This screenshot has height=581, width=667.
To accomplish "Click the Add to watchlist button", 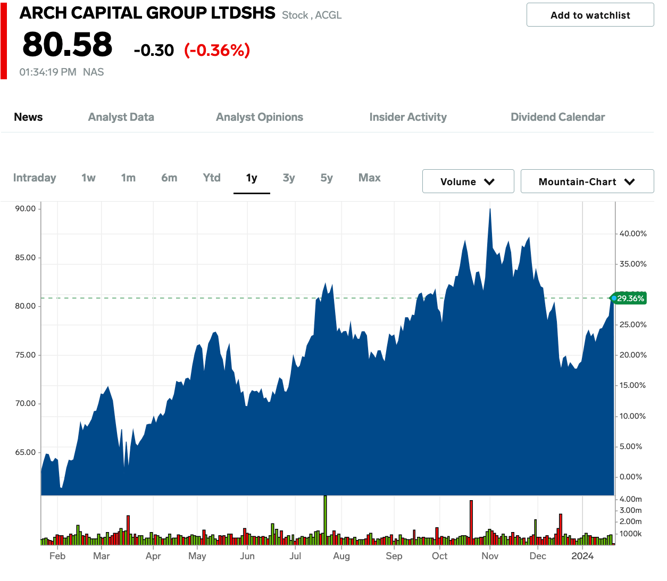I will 590,15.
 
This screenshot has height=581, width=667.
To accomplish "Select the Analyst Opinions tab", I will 259,117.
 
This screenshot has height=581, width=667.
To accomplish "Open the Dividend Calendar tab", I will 557,117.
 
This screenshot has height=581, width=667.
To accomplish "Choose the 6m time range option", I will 169,178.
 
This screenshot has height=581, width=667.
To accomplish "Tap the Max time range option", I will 369,178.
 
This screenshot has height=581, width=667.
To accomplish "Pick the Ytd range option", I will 212,178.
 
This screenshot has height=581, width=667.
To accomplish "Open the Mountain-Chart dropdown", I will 587,181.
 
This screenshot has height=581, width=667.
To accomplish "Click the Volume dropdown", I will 468,181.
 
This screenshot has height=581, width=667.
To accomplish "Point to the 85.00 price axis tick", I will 26,258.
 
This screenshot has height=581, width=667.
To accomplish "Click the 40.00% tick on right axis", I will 633,234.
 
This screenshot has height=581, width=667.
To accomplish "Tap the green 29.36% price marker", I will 630,298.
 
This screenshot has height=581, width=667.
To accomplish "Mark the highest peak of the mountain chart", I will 490,209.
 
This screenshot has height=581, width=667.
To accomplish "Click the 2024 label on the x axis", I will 582,556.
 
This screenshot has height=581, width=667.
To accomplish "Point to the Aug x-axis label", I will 341,556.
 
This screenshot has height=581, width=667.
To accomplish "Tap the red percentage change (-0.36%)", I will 217,50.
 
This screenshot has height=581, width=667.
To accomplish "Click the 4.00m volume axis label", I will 630,499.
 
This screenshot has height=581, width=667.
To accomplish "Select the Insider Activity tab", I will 408,117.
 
